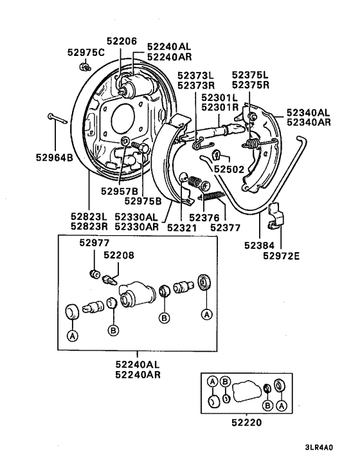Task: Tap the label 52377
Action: click(x=225, y=226)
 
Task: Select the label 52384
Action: click(x=259, y=246)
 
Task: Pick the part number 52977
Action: click(x=95, y=242)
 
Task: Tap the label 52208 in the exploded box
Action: click(x=119, y=255)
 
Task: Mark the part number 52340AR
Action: click(x=310, y=122)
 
